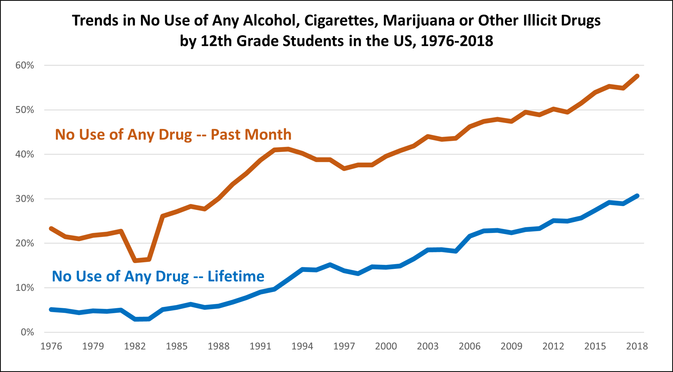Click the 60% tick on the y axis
tap(24, 65)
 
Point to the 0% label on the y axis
tap(27, 332)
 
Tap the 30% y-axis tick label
tap(24, 199)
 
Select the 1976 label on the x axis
tap(51, 346)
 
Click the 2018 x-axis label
tap(637, 346)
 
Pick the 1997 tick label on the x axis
tap(344, 346)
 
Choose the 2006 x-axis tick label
tap(469, 346)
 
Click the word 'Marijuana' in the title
tap(419, 21)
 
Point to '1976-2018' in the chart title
tap(457, 41)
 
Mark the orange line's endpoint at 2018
tap(637, 76)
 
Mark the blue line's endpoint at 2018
tap(637, 196)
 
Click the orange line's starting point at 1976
tap(51, 229)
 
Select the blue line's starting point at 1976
tap(51, 310)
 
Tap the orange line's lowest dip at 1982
tap(135, 260)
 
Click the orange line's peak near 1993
tap(288, 149)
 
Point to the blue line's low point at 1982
tap(135, 319)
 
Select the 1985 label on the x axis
tap(177, 346)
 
